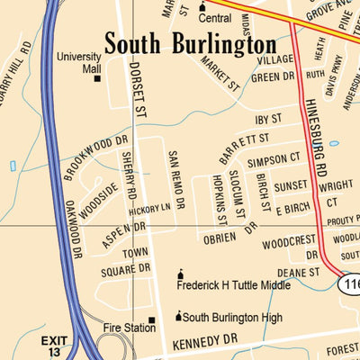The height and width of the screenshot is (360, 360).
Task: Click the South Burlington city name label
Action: (x=190, y=44)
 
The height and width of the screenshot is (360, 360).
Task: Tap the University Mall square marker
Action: (x=97, y=78)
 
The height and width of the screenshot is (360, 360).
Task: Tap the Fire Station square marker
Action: (x=152, y=320)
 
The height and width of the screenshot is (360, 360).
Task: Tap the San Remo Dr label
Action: (x=175, y=180)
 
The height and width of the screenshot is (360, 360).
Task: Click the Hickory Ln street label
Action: (x=149, y=209)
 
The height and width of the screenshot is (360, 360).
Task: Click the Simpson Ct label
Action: (x=274, y=159)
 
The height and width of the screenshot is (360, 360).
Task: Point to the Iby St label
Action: (x=269, y=118)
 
